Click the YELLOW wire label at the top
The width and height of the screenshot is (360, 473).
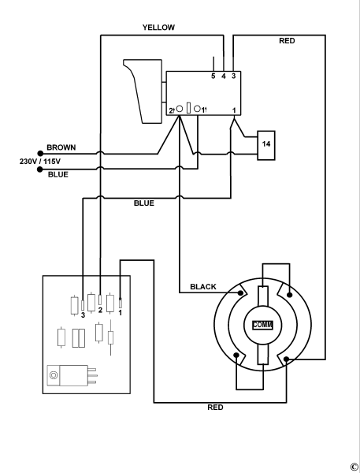pyautogui.click(x=158, y=27)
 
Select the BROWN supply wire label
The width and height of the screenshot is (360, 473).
pyautogui.click(x=61, y=147)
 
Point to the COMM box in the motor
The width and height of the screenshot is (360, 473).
pyautogui.click(x=262, y=325)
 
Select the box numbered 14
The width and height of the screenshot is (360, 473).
pyautogui.click(x=266, y=144)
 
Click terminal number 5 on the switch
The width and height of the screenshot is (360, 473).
pyautogui.click(x=213, y=76)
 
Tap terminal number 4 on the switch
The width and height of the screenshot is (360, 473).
pyautogui.click(x=224, y=76)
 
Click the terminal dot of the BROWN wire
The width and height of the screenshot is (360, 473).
pyautogui.click(x=39, y=152)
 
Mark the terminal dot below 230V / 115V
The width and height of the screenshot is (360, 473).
pyautogui.click(x=39, y=169)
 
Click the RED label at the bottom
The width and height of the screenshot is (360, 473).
pyautogui.click(x=215, y=408)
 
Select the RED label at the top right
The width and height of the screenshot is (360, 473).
pyautogui.click(x=288, y=40)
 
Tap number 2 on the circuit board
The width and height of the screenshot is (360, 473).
pyautogui.click(x=100, y=311)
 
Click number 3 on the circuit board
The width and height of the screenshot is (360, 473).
pyautogui.click(x=83, y=315)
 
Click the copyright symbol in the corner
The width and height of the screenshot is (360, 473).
pyautogui.click(x=354, y=466)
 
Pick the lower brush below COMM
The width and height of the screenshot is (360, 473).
pyautogui.click(x=262, y=349)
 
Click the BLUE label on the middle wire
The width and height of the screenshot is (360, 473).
pyautogui.click(x=143, y=203)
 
